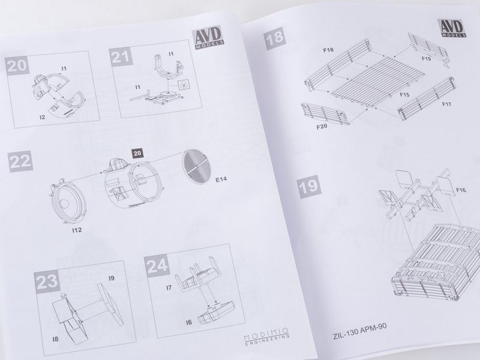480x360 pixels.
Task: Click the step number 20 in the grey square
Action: pos(17,65)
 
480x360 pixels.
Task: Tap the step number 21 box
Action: pos(121,56)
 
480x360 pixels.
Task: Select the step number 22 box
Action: pos(20,161)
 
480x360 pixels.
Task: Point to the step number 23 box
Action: pos(47,281)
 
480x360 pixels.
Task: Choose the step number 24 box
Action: pos(157,265)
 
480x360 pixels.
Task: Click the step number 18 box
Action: pos(275,38)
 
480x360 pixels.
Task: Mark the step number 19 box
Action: pos(309,187)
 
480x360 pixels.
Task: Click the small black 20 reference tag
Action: pos(137,154)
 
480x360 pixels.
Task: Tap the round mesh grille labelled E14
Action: pos(196,167)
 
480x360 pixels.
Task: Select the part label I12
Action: pos(77,230)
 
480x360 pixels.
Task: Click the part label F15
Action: pos(404,95)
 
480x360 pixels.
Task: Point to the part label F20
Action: pos(322,127)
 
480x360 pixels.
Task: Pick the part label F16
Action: pos(461,190)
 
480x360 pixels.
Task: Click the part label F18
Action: pos(328,50)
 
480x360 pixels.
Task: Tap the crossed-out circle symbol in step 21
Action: pos(184,86)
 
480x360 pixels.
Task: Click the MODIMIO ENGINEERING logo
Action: pos(266,336)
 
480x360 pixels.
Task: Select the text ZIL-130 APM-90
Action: pos(359,331)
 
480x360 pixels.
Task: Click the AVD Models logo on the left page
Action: pos(208,37)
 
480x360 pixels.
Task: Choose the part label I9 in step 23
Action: pos(112,278)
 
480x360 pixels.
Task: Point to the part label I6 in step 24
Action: pos(189,322)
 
